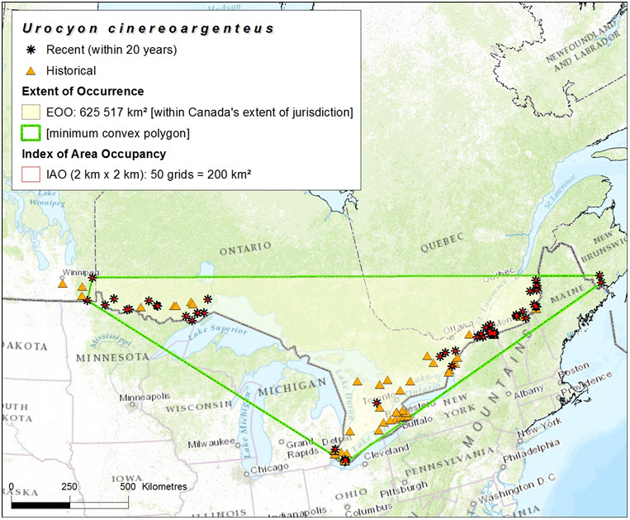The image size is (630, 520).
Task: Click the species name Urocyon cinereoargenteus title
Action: coord(149,29)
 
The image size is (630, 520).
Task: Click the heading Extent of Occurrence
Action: coord(83,91)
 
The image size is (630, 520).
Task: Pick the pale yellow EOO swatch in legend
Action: coord(31,112)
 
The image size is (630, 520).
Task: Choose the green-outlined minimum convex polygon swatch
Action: coord(31,133)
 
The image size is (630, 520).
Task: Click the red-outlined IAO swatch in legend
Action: coord(31,174)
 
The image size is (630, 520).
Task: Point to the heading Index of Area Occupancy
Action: coord(93,154)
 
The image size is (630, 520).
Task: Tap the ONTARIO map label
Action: coord(244,246)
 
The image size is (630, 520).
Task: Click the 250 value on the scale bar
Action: coord(69,486)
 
